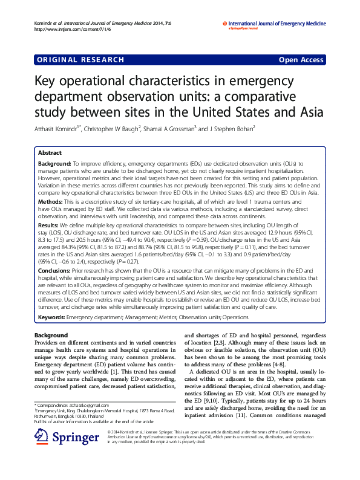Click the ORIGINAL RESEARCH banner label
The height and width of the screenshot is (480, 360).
tap(80, 60)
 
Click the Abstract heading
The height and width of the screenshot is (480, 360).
tap(50, 153)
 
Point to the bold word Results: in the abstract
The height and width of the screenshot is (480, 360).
tap(48, 224)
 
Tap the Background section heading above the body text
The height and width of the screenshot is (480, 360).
tap(51, 335)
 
